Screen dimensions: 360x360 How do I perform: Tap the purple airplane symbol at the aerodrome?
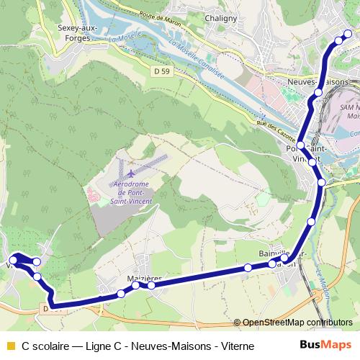click(x=131, y=174)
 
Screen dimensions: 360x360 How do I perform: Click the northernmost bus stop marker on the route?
click(x=349, y=34)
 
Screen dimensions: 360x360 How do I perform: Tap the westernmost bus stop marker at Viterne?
click(x=13, y=259)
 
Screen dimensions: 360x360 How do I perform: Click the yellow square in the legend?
click(x=9, y=346)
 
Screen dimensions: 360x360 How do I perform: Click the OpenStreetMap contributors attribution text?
click(x=297, y=323)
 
